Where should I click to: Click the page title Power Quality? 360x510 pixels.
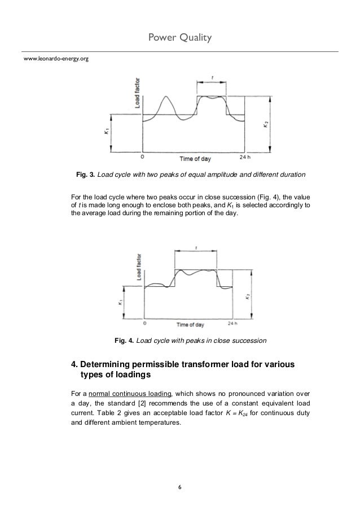179,37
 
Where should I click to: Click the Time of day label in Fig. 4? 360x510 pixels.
190,325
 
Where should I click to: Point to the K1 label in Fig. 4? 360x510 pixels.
121,303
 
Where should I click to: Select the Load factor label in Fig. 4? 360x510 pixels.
138,267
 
